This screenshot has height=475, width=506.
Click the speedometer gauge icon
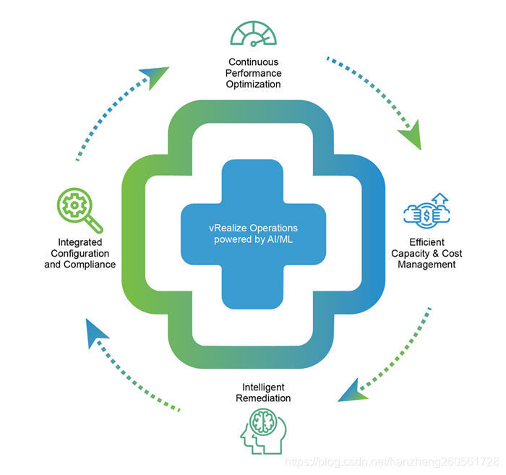(x=254, y=33)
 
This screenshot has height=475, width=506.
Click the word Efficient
(x=426, y=242)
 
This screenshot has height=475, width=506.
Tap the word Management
(x=426, y=265)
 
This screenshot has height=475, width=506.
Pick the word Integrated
(x=80, y=242)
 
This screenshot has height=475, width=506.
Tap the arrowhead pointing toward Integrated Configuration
(x=95, y=331)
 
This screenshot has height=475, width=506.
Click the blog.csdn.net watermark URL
(x=391, y=461)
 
